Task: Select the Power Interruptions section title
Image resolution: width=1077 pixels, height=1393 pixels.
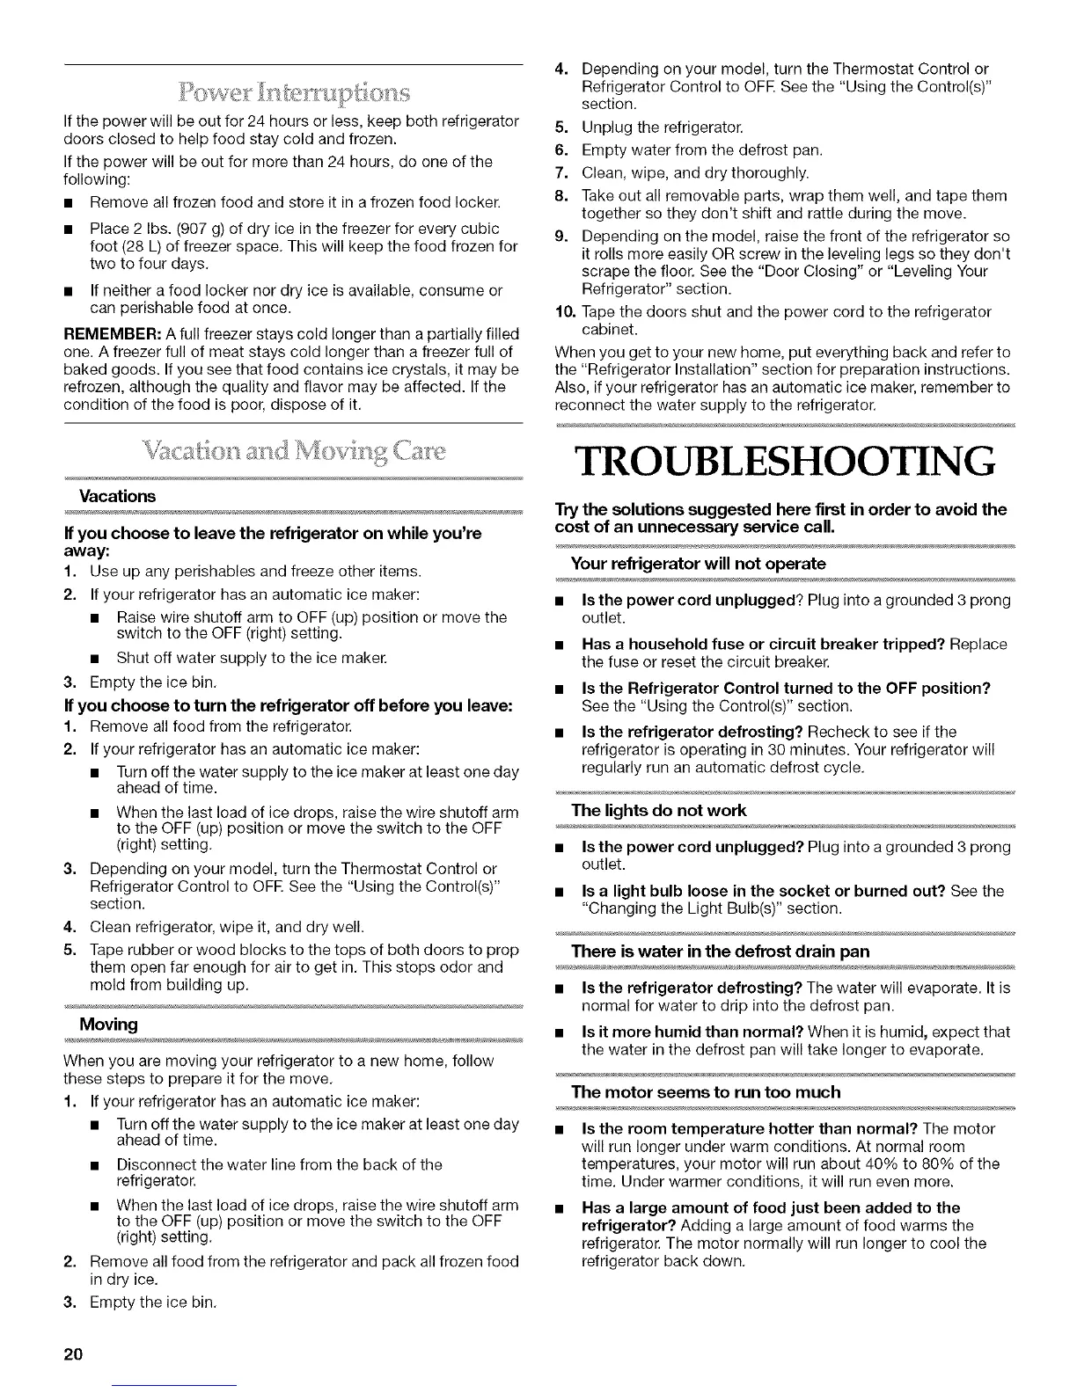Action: click(293, 92)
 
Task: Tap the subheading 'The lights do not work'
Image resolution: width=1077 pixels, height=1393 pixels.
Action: click(658, 810)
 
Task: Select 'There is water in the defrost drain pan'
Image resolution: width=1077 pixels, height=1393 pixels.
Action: click(720, 952)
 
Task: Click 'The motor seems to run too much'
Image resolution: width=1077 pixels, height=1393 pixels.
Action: click(706, 1092)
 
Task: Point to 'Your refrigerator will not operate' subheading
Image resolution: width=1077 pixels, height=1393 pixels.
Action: click(699, 564)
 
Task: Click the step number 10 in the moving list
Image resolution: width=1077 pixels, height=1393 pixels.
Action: click(564, 312)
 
